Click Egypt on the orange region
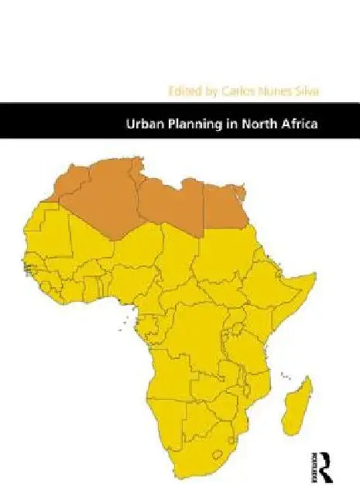coord(226,204)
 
